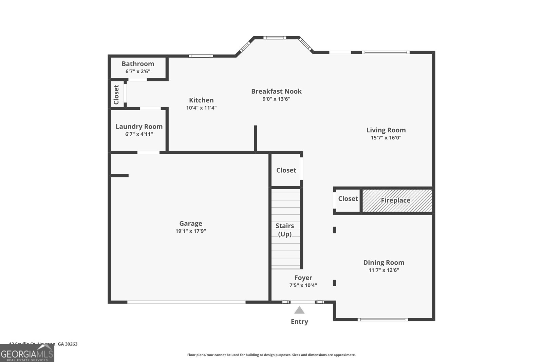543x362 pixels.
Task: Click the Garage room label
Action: tap(190, 223)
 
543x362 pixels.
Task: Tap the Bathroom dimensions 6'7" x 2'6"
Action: tap(138, 72)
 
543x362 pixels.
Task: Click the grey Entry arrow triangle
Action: tap(299, 310)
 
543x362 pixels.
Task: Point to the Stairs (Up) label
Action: tap(285, 230)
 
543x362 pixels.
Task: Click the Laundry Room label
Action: tap(139, 127)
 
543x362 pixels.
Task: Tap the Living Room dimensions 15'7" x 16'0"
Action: tap(386, 138)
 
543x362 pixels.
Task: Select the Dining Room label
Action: tap(383, 262)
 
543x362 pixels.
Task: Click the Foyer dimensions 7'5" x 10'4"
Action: tap(303, 285)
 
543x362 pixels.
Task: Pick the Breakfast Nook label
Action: tap(276, 91)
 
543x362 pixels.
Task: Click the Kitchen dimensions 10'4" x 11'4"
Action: tap(201, 108)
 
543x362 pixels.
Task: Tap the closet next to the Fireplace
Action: tap(348, 199)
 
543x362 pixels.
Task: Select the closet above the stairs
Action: tap(286, 170)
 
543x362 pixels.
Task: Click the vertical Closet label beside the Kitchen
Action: tap(116, 94)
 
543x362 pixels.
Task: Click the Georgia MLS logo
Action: tap(27, 353)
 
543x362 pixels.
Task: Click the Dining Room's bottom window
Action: tap(382, 319)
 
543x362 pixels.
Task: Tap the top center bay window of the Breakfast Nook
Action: tap(275, 38)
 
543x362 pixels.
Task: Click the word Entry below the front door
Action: tap(299, 322)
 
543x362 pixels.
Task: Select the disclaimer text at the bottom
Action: tap(271, 355)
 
